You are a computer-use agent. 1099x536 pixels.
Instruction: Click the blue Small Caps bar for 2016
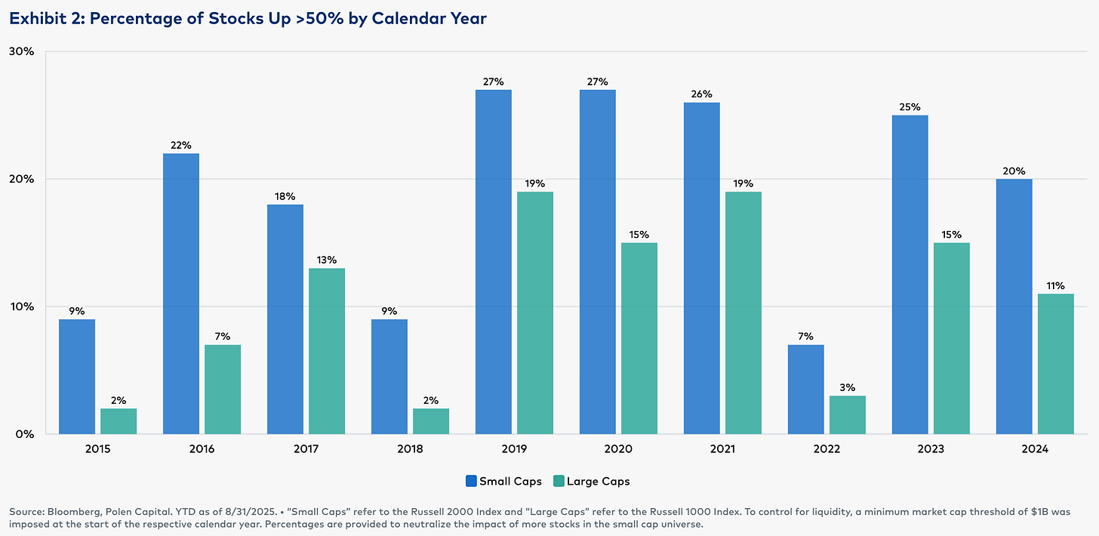181,294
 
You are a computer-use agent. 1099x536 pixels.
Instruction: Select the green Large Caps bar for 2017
327,351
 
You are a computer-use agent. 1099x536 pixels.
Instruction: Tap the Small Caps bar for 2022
805,390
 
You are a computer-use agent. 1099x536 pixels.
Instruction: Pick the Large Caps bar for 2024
1056,364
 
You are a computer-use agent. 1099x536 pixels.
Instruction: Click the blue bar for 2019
493,262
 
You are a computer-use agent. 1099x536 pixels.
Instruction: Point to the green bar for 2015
119,421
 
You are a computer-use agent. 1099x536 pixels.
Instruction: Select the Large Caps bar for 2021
743,313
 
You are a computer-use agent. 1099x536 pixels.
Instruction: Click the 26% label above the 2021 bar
702,94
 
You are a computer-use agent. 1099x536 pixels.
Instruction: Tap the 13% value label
327,260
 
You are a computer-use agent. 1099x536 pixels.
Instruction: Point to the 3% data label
848,387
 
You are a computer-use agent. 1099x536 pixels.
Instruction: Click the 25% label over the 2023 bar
910,107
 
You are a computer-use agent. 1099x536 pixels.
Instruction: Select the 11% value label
1056,285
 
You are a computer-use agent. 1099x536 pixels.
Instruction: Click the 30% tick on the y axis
22,51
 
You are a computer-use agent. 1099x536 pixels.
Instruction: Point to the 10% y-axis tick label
22,307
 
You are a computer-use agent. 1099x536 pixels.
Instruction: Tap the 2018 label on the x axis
410,449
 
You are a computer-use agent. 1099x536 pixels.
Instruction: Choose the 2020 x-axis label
618,449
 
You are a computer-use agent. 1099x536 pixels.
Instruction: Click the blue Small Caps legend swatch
471,481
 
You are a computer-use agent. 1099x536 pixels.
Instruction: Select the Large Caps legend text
598,482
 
